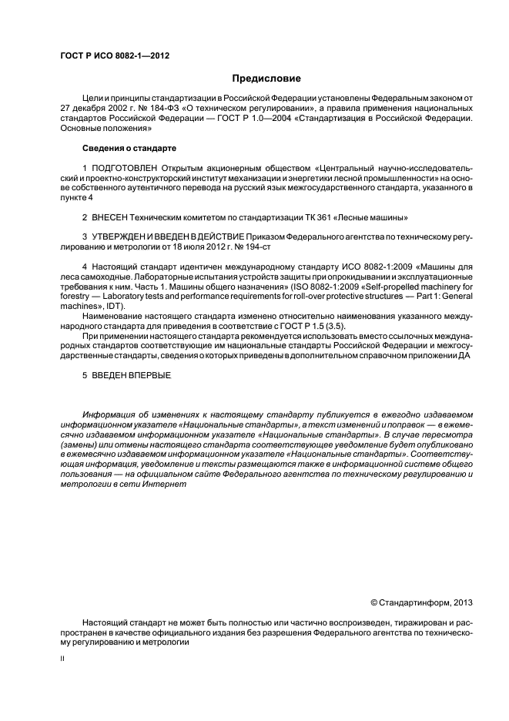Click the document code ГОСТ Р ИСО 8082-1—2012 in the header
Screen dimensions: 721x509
click(115, 55)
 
